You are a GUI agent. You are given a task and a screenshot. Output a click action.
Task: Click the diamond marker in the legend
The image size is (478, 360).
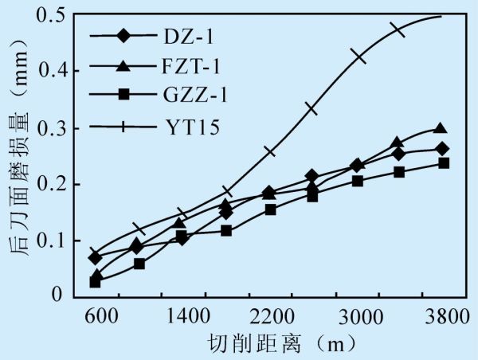pos(123,36)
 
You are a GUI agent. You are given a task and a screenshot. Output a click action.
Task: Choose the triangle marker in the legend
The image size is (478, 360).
pos(123,65)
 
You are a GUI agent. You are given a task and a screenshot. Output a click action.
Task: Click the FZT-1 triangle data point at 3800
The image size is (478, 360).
pos(441,128)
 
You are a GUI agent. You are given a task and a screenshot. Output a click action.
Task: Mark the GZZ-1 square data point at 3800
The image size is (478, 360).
pos(444,163)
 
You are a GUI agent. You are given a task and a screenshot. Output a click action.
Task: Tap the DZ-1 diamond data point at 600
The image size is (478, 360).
pos(96,257)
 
